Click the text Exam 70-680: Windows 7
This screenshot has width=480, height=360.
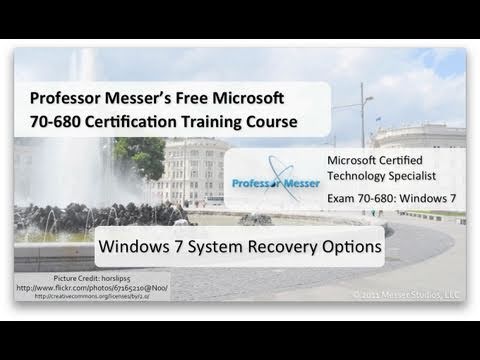[x=391, y=200]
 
